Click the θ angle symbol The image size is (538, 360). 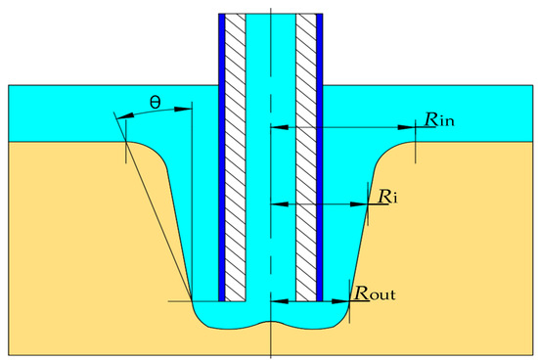click(155, 101)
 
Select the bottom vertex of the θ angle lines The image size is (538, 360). click(192, 301)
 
